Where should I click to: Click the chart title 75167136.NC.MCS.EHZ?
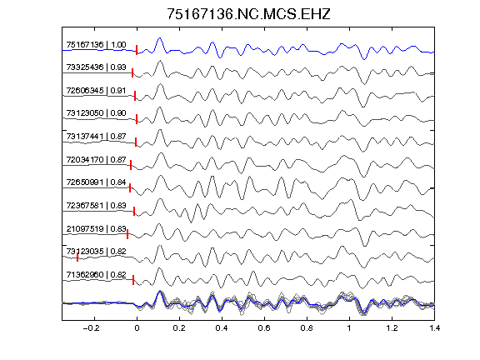point(248,14)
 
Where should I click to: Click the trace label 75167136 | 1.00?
point(96,45)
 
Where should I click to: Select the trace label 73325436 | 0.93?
point(96,67)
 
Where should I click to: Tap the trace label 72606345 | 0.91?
point(96,91)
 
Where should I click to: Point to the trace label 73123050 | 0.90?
point(96,113)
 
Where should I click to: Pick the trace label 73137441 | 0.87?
point(96,136)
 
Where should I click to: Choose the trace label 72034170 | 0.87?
point(96,159)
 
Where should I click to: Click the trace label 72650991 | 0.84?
point(96,182)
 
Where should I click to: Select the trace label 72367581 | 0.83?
point(96,205)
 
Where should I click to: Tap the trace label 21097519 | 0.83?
point(96,228)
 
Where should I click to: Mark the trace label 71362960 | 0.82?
point(96,275)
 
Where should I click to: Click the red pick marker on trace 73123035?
point(77,257)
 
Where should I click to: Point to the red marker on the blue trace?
point(137,50)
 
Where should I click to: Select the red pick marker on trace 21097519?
point(127,234)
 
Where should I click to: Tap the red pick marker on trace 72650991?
point(130,187)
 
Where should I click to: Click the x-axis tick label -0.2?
point(91,328)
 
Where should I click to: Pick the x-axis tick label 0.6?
point(264,328)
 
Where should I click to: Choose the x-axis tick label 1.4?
point(434,328)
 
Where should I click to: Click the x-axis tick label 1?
point(349,328)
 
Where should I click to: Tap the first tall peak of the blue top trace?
point(159,38)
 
